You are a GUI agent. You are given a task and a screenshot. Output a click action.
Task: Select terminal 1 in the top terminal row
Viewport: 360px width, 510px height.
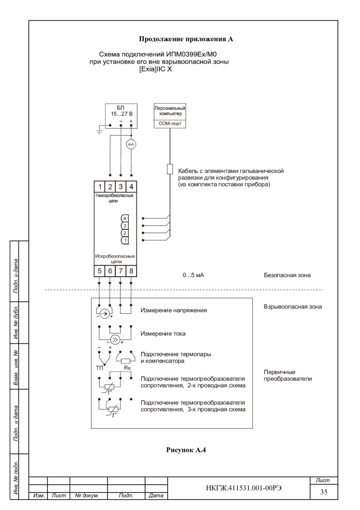(x=100, y=187)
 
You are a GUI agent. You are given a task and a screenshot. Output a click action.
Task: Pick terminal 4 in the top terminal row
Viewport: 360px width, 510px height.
(x=131, y=187)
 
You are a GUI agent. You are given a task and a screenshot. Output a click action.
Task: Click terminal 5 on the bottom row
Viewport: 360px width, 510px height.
(x=100, y=271)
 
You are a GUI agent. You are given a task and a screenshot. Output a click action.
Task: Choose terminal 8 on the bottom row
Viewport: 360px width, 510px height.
(x=131, y=271)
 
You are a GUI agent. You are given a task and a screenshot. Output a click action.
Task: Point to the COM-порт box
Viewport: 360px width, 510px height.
(x=170, y=124)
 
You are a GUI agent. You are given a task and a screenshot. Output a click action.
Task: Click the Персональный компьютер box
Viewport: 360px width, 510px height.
(x=170, y=111)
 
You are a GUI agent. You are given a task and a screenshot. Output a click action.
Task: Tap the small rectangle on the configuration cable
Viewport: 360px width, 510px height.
(x=170, y=169)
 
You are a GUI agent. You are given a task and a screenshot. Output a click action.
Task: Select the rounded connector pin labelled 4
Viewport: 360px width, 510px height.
(x=125, y=219)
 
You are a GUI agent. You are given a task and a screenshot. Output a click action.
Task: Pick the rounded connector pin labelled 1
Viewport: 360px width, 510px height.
(x=125, y=240)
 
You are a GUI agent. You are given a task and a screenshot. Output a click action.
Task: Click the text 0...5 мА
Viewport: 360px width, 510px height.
(x=194, y=275)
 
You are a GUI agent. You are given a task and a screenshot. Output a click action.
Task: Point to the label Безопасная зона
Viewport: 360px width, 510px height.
(x=287, y=275)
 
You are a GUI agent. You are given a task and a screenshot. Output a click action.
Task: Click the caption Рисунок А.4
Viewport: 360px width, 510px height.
(x=186, y=450)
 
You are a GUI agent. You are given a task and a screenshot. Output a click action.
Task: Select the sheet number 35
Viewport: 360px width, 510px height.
(x=324, y=492)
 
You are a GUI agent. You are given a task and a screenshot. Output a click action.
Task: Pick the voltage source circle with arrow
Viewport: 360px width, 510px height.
(x=104, y=314)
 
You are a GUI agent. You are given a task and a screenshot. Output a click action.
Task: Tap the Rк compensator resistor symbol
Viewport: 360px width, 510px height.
(x=126, y=361)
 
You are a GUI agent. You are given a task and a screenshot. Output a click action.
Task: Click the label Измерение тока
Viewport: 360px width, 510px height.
(x=163, y=333)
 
